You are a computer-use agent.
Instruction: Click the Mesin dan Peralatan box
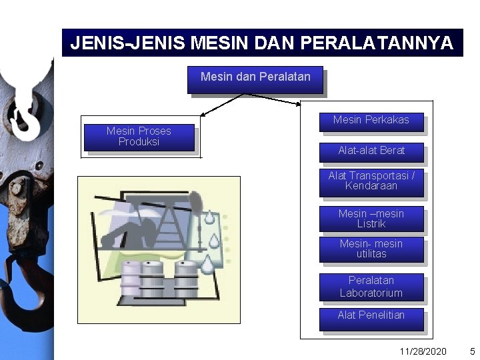(255, 79)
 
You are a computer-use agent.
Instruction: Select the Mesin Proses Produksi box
(139, 137)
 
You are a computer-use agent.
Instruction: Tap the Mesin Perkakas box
(371, 121)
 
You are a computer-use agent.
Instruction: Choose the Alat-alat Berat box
(371, 151)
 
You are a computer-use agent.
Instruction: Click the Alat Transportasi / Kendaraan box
(371, 182)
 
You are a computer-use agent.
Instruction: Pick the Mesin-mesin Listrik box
(371, 219)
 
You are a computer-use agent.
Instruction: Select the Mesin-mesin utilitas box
(371, 249)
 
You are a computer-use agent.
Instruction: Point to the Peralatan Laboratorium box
(371, 287)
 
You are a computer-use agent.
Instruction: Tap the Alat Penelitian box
(371, 317)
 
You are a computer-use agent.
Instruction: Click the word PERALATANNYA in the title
(377, 43)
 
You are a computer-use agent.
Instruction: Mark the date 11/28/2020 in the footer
(423, 351)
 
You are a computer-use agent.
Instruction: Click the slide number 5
(472, 351)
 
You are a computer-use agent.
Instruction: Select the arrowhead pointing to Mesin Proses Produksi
(203, 114)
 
